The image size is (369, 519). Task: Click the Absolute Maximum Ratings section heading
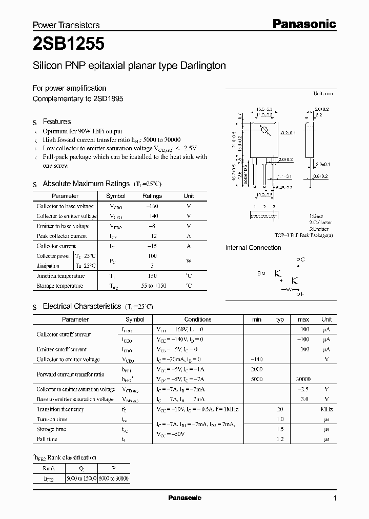coord(86,184)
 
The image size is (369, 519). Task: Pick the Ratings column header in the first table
coord(152,196)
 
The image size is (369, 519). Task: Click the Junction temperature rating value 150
coord(152,276)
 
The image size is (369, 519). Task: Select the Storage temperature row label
coord(59,286)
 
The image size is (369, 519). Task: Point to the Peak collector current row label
coord(61,236)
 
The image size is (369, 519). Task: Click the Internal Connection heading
coord(253,248)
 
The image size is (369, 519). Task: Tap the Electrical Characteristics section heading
coord(82,306)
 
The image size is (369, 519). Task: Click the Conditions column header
coord(198,319)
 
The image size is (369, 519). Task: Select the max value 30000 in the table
coord(303,379)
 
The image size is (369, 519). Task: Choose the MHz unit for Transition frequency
coord(326,409)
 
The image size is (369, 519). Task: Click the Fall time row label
coord(47,439)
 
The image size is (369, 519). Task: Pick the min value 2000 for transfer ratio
coord(257,369)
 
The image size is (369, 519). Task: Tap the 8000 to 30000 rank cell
coord(113,478)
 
